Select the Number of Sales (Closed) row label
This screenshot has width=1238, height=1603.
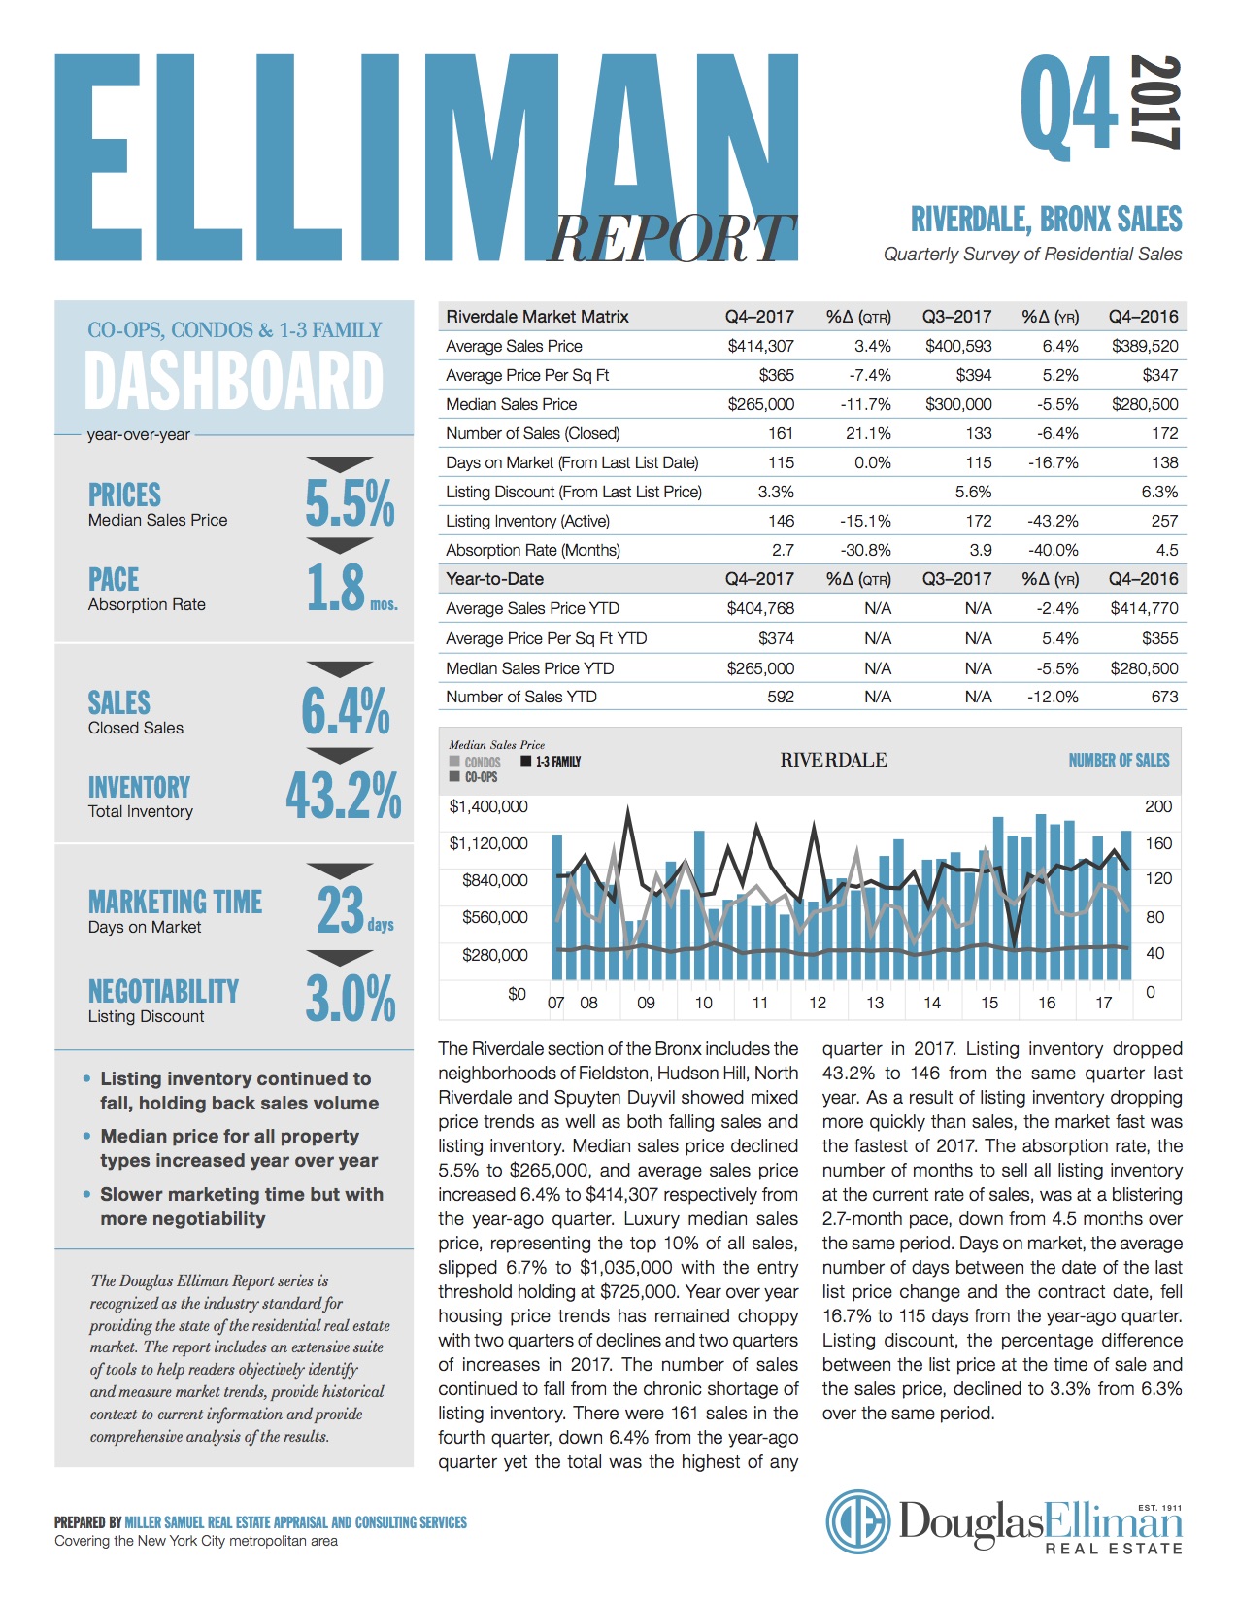(x=532, y=433)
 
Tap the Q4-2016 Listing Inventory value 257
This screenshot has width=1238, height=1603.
(x=1164, y=521)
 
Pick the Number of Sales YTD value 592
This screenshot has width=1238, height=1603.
(x=780, y=697)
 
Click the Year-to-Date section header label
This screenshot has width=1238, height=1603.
(x=494, y=579)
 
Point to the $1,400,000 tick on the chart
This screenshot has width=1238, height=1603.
(x=488, y=806)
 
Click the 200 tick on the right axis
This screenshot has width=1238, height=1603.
(x=1158, y=806)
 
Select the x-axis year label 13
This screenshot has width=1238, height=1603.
(x=875, y=1003)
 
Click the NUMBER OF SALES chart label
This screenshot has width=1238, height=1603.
(x=1119, y=760)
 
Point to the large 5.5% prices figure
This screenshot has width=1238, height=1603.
(x=350, y=502)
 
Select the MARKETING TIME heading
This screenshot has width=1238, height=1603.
(x=175, y=902)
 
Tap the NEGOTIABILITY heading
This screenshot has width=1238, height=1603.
(x=163, y=991)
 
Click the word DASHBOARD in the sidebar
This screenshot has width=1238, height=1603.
(x=234, y=381)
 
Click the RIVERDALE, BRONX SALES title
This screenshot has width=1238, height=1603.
(x=1046, y=220)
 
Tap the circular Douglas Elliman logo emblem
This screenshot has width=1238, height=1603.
(x=858, y=1521)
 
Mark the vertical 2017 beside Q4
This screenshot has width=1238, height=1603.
(x=1155, y=102)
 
